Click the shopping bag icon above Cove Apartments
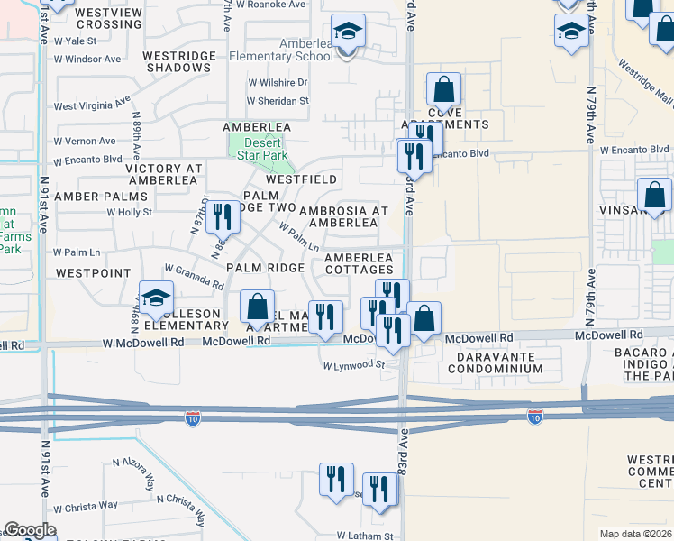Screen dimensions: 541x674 pyautogui.click(x=443, y=91)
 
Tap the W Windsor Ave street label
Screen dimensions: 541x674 pyautogui.click(x=87, y=59)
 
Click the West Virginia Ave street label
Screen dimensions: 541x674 pyautogui.click(x=92, y=105)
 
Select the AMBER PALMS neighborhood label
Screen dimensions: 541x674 pyautogui.click(x=100, y=196)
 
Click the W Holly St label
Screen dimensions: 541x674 pyautogui.click(x=130, y=212)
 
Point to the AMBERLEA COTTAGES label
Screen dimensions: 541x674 pyautogui.click(x=359, y=263)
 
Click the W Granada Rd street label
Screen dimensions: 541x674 pyautogui.click(x=194, y=276)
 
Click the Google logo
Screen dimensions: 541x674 pyautogui.click(x=31, y=530)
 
